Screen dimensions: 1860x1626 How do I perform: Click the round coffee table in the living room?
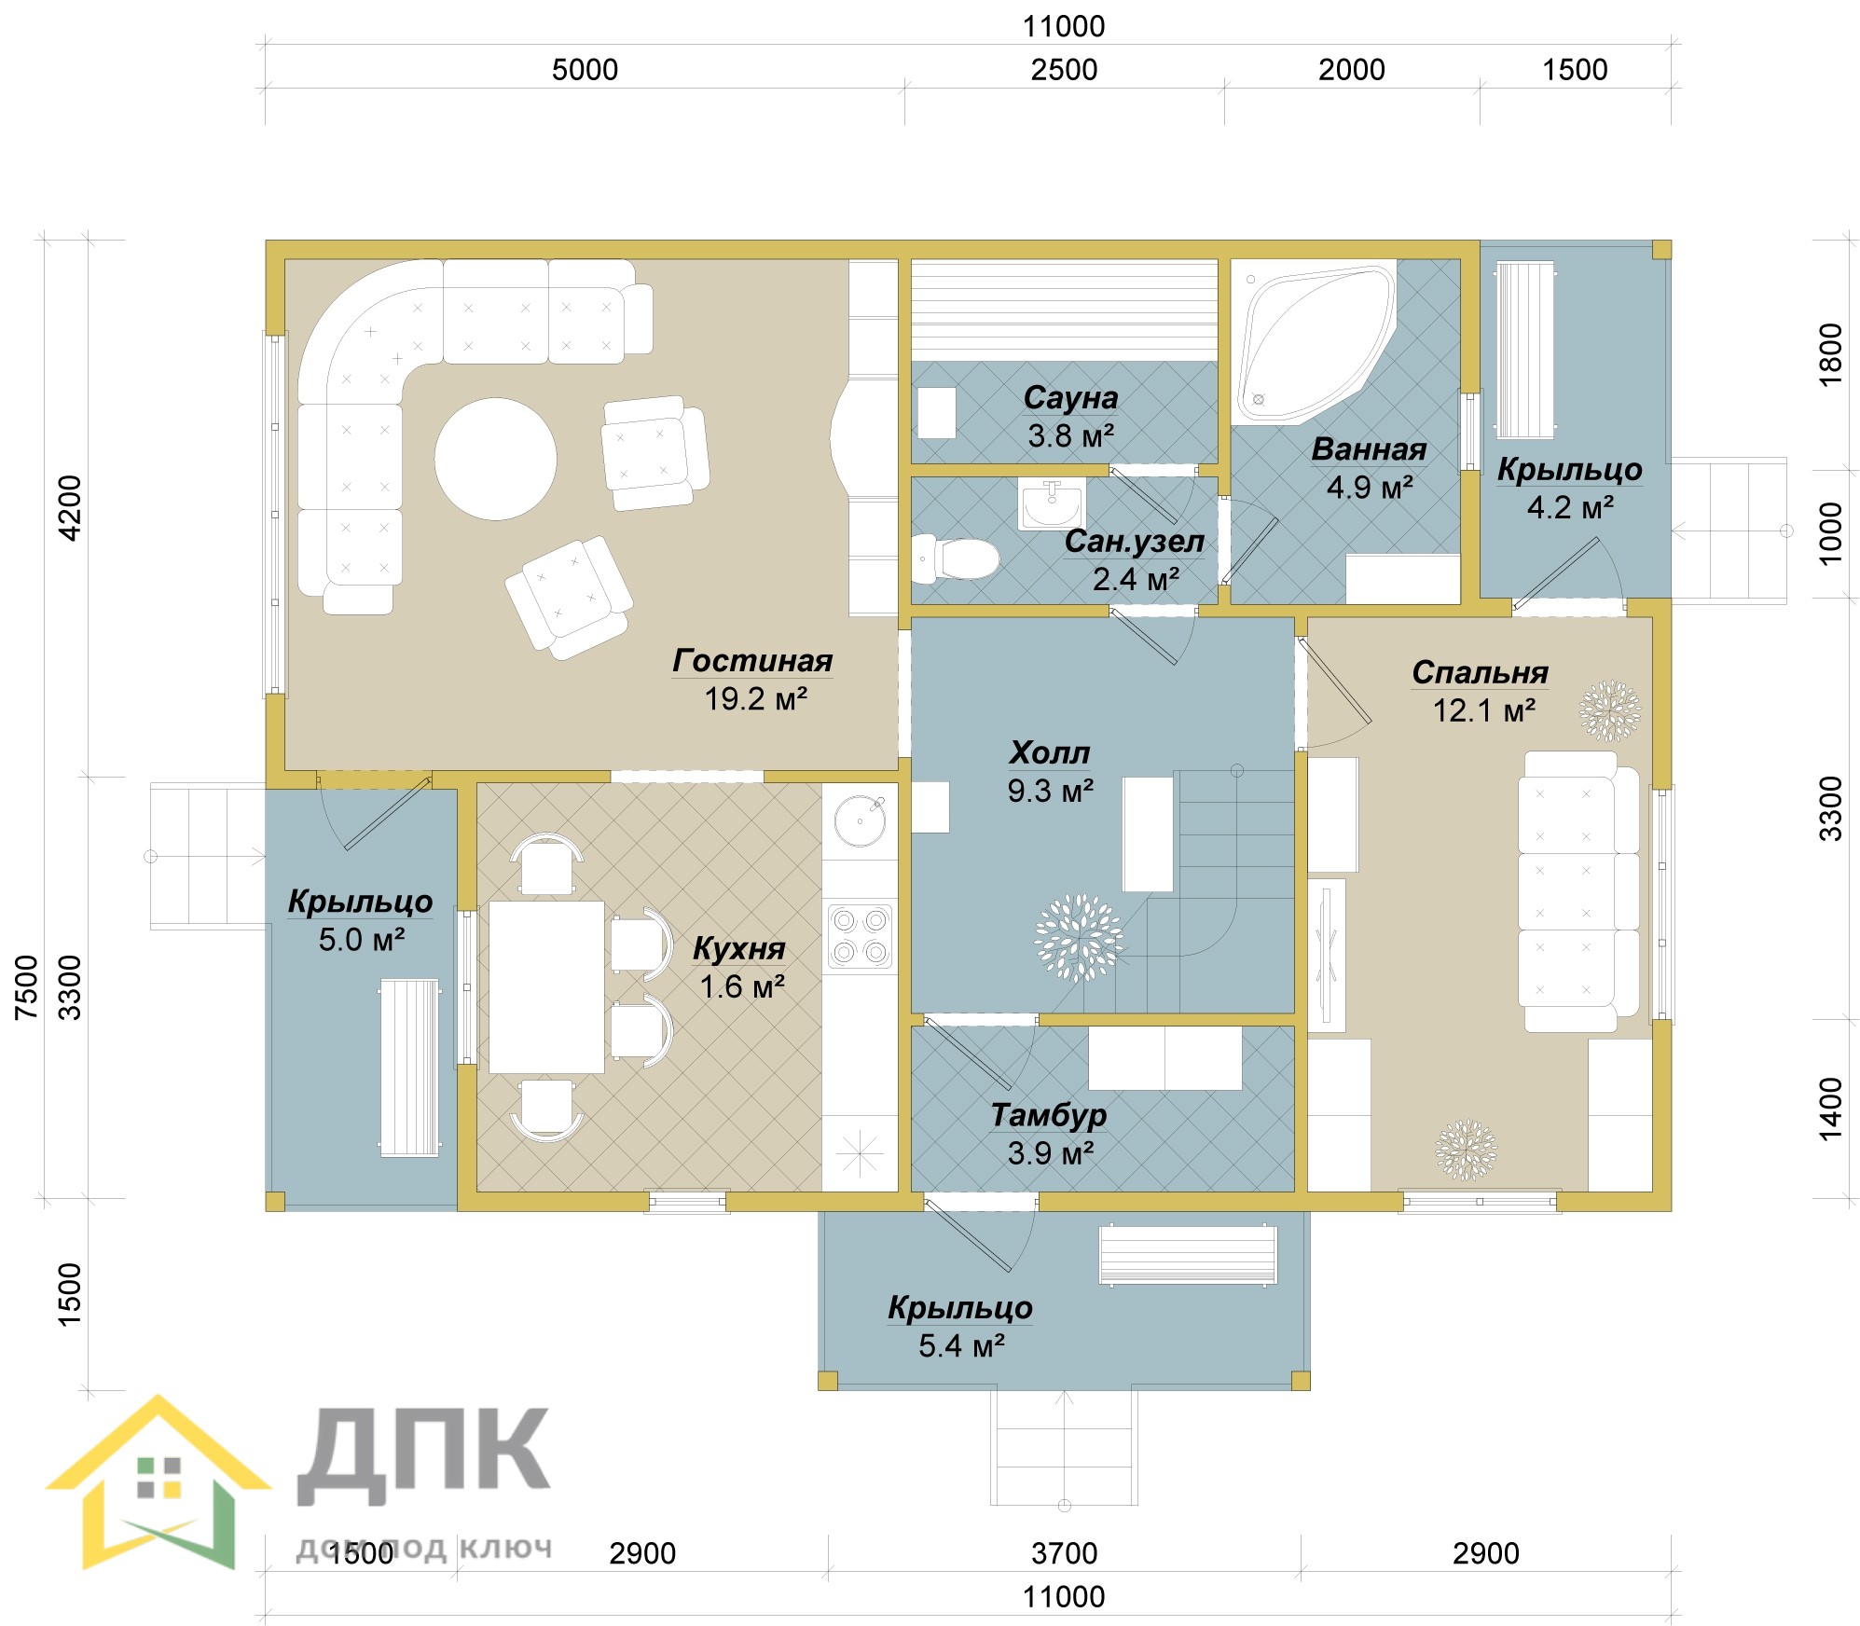[x=495, y=459]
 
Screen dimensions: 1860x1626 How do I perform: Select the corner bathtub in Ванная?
[x=1315, y=342]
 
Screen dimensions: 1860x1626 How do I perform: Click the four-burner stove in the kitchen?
[x=860, y=936]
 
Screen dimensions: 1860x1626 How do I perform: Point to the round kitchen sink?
[x=860, y=820]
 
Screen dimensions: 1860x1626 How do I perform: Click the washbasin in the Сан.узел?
[x=1052, y=505]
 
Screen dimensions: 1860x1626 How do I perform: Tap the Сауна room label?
[x=1070, y=397]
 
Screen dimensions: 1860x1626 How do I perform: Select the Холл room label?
[x=1050, y=752]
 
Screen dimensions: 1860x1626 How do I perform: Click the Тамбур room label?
[x=1049, y=1114]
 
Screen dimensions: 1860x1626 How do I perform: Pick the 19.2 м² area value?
[x=755, y=698]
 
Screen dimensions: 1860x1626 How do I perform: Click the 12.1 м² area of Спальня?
[x=1483, y=710]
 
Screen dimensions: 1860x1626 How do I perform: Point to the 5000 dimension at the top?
[x=585, y=70]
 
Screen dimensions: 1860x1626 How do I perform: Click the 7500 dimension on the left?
[x=27, y=986]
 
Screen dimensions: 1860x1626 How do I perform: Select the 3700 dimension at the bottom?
[x=1064, y=1553]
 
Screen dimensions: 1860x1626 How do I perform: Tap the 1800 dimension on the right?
[x=1831, y=354]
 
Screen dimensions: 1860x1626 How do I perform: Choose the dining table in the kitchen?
[x=546, y=986]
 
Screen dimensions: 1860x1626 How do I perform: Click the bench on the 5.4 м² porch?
[x=1188, y=1255]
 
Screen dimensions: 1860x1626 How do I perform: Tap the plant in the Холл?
[x=1079, y=938]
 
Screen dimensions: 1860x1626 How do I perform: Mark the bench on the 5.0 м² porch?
[x=409, y=1068]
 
